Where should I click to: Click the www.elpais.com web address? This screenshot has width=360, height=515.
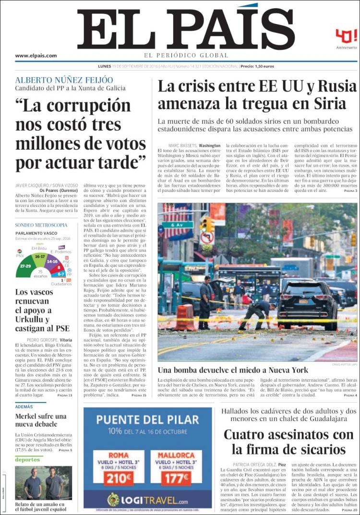36,56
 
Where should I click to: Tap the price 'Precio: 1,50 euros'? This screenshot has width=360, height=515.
257,66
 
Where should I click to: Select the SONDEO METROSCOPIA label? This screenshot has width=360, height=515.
41,225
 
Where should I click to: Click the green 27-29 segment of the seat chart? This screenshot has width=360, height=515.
25,265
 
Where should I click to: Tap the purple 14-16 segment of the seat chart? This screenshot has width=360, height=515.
52,262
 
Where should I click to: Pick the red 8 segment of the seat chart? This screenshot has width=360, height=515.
59,267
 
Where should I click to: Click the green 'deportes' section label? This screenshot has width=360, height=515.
27,460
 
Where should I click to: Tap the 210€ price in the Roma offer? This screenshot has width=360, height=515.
118,479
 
